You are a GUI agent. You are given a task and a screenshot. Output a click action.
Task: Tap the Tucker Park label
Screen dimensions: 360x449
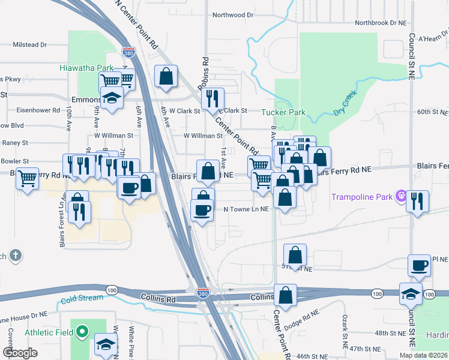pyautogui.click(x=283, y=112)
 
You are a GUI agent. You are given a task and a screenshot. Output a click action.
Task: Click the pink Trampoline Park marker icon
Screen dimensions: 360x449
pyautogui.click(x=402, y=196)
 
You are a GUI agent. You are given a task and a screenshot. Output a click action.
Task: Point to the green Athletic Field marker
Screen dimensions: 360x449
pyautogui.click(x=82, y=332)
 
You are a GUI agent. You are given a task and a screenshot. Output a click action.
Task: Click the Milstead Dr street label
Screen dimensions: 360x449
pyautogui.click(x=30, y=44)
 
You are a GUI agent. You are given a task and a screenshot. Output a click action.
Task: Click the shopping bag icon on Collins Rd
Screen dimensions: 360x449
pyautogui.click(x=286, y=295)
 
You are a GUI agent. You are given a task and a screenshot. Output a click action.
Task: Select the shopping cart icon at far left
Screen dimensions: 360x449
pyautogui.click(x=27, y=178)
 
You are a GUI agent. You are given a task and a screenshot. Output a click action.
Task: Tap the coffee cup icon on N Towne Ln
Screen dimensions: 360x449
pyautogui.click(x=202, y=209)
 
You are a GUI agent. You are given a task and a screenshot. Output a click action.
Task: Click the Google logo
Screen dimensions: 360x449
pyautogui.click(x=20, y=353)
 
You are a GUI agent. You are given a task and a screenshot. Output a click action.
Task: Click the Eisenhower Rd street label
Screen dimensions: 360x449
pyautogui.click(x=38, y=110)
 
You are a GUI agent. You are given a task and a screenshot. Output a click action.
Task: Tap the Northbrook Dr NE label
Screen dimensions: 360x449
pyautogui.click(x=381, y=23)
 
